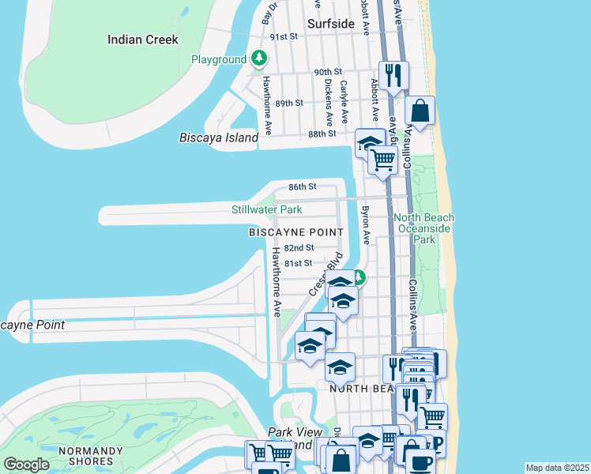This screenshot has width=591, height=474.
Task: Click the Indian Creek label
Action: coord(143,39)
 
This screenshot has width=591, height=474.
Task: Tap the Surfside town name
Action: coord(330,24)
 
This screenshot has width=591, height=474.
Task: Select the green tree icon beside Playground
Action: coord(258,59)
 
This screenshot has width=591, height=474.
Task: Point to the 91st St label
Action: coord(283,37)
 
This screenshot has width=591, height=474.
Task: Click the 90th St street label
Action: coord(326,72)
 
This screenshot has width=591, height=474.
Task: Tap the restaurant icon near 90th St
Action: coord(393,76)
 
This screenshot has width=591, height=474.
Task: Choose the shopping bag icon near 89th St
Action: coord(420,111)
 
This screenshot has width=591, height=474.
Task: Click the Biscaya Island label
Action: coord(219,137)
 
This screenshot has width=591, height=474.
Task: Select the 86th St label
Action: coord(302,187)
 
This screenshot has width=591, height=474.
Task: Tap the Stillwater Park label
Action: coord(266,210)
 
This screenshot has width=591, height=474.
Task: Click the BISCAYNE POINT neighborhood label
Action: coord(295,232)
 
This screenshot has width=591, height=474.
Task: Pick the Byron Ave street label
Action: coord(366,225)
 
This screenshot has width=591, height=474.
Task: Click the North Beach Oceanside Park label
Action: coord(425,228)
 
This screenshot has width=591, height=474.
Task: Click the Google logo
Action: coord(27,465)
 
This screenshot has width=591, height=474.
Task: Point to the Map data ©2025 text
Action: coord(557,468)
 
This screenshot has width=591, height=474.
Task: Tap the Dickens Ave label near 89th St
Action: coord(326,102)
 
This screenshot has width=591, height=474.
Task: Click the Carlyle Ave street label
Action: coord(344,101)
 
